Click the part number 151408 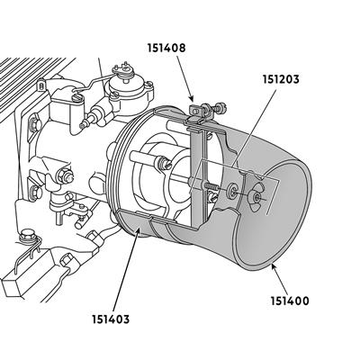pos(166,48)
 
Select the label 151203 pos(281,79)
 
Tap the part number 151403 pos(111,319)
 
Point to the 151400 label pos(290,301)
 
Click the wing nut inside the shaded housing pos(256,197)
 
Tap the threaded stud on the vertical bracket pos(211,186)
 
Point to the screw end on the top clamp pos(221,108)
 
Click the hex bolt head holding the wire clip pos(26,236)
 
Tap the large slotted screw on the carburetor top pos(77,97)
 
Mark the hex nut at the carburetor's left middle pos(65,175)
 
